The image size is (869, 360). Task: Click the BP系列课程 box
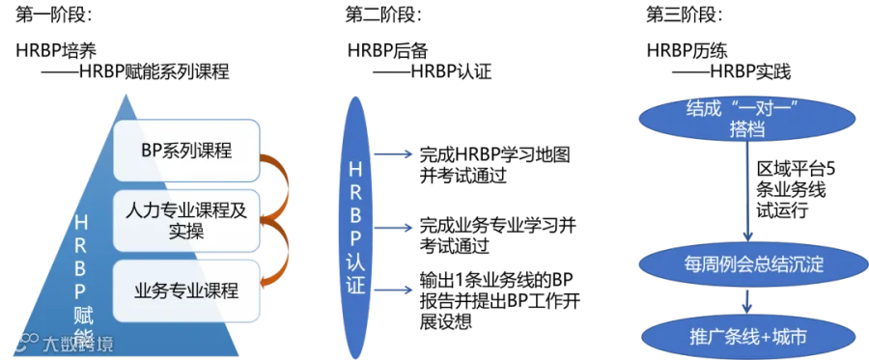[186, 150]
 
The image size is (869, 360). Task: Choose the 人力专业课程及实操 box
[186, 220]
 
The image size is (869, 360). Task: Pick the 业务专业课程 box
[186, 291]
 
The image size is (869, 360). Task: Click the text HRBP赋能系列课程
[154, 72]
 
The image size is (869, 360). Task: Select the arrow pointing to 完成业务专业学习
[393, 228]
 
